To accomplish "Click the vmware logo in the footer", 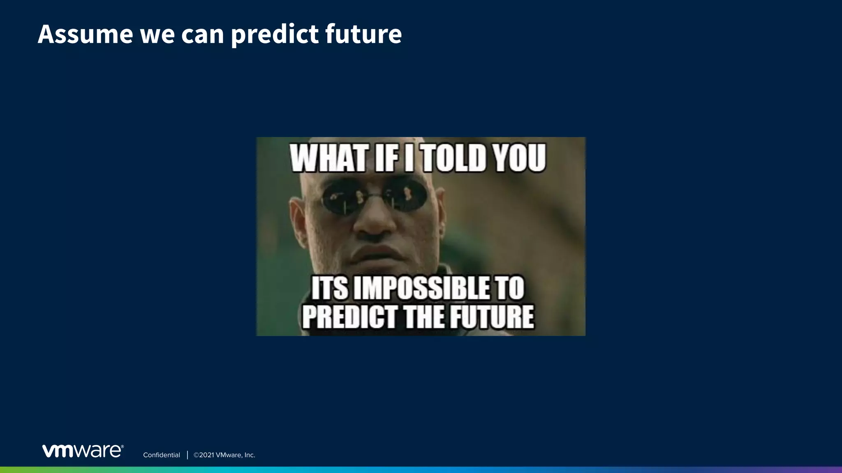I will click(x=83, y=451).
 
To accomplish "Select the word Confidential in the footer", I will click(x=161, y=455).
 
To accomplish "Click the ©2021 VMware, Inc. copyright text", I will click(x=224, y=455).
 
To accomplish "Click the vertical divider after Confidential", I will click(x=187, y=455).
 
